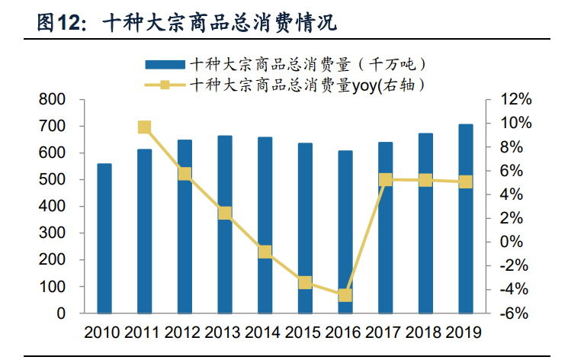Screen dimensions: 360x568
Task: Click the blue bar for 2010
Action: [x=104, y=238]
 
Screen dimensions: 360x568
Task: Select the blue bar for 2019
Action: [x=465, y=218]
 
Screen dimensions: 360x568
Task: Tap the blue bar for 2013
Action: [x=224, y=224]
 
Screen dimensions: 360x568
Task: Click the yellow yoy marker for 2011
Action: [x=144, y=127]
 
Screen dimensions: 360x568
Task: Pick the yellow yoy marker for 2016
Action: [x=345, y=295]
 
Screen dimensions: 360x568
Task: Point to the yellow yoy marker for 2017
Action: [x=385, y=180]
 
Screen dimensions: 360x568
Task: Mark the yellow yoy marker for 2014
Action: [x=265, y=252]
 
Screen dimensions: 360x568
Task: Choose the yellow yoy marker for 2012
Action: [x=185, y=174]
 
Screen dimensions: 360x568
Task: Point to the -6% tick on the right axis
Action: [x=509, y=313]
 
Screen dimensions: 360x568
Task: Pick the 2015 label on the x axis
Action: [x=304, y=333]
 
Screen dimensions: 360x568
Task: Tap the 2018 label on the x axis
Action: [x=425, y=333]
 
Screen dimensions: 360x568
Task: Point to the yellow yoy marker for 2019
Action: [x=465, y=182]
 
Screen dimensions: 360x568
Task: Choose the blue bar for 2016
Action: [x=345, y=232]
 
